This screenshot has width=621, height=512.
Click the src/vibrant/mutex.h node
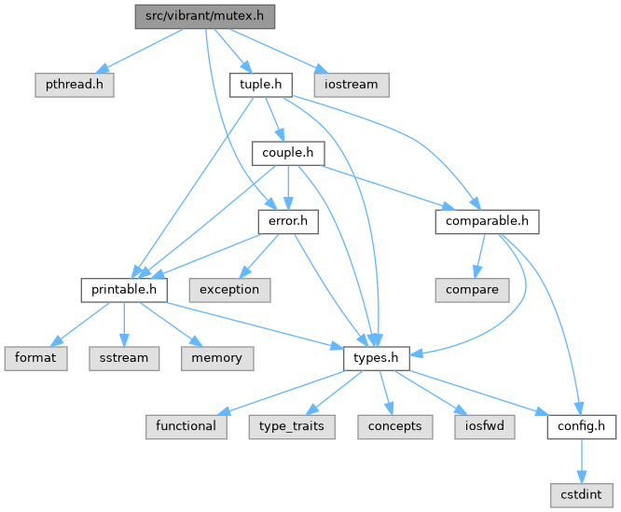(205, 17)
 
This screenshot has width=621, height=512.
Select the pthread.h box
(74, 85)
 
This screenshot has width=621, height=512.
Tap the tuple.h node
(261, 85)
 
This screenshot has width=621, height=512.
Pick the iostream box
(351, 85)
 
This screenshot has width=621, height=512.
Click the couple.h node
(288, 153)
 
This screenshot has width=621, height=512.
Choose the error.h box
(288, 221)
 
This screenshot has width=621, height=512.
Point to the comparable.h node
(486, 221)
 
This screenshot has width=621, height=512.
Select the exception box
(229, 289)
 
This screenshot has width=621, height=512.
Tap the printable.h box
(123, 289)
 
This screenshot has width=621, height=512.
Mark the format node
(35, 357)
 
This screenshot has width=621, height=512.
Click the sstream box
(123, 357)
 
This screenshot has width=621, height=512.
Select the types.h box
(377, 357)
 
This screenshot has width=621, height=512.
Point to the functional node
(186, 425)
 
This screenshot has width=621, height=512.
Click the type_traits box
(292, 425)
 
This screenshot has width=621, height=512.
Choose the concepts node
(393, 425)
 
